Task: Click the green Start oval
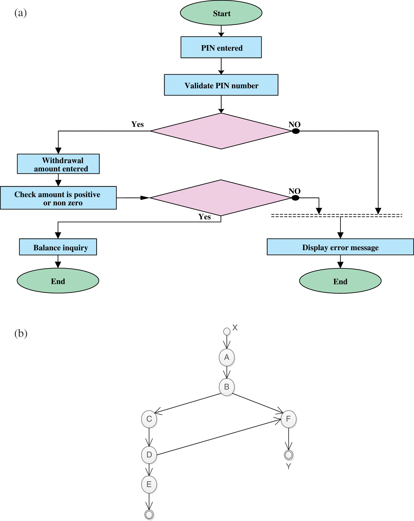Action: tap(221, 13)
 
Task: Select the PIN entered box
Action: tap(221, 47)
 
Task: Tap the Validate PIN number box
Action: tap(221, 85)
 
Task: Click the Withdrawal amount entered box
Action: tap(58, 164)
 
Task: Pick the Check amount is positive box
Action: tap(58, 198)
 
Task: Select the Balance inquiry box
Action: tap(58, 247)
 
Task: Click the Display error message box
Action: tap(340, 247)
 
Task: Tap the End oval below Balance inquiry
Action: tap(58, 280)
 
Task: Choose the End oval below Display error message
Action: tap(340, 281)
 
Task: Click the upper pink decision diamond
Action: tap(221, 131)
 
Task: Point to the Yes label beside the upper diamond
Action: tap(138, 124)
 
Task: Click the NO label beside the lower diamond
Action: tap(294, 191)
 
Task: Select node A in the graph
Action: tap(227, 357)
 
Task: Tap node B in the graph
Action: tap(227, 387)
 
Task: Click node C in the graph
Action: tap(149, 419)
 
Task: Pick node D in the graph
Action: tap(149, 455)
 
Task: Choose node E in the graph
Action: tap(149, 484)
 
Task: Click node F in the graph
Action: tap(289, 419)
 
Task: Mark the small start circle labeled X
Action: tap(227, 331)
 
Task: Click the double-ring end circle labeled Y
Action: tap(289, 455)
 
